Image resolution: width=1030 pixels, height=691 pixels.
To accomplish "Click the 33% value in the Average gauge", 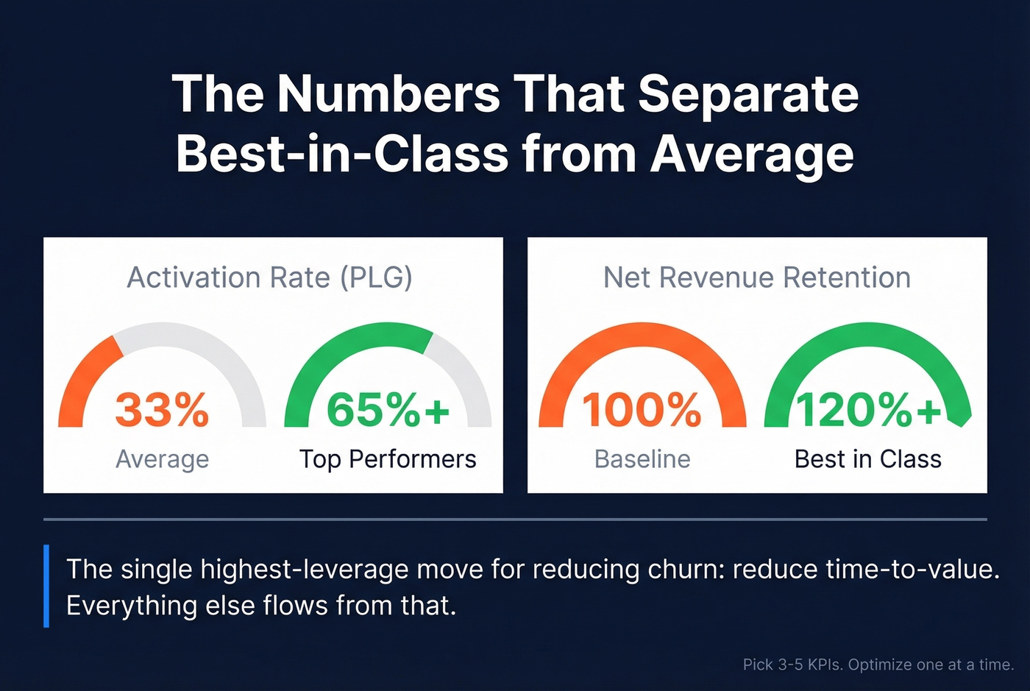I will (x=162, y=410).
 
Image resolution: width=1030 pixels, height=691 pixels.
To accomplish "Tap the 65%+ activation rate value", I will (x=388, y=410).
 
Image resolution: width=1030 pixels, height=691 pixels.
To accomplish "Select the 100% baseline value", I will (x=642, y=410).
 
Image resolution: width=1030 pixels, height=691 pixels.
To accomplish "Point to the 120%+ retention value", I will (x=868, y=410).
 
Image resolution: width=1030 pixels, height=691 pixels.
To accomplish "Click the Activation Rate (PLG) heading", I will (x=269, y=277).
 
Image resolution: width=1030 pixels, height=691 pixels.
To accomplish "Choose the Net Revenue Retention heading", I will (x=757, y=277).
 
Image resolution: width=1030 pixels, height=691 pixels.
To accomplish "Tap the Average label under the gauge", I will (x=162, y=459).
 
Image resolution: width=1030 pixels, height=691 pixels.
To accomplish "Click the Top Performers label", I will (x=388, y=459).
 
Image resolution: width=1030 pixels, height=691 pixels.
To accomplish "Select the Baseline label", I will (x=642, y=459).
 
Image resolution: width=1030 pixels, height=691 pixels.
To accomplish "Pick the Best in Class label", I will (x=868, y=459).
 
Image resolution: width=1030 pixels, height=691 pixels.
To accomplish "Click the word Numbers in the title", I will (x=388, y=93).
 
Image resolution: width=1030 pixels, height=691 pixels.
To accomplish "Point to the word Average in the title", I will (x=752, y=154).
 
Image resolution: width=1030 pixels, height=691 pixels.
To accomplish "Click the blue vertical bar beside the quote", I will (x=46, y=586).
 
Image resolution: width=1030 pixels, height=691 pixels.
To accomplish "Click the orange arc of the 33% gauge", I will (x=82, y=375).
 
